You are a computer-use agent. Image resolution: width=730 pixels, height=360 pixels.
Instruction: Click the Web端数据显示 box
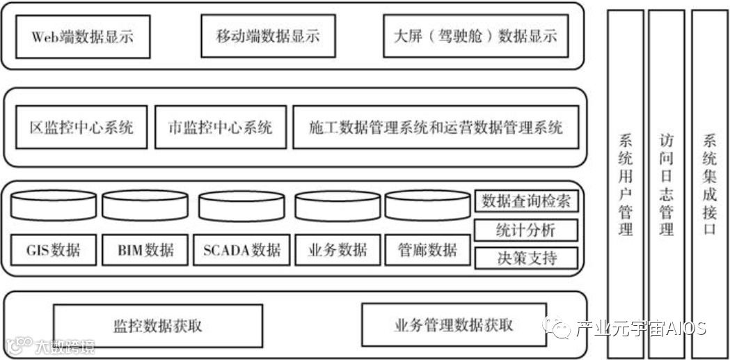(82, 36)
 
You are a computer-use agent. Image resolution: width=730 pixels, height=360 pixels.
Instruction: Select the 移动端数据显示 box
(268, 36)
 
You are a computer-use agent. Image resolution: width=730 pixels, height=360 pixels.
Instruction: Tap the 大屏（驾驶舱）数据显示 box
(470, 36)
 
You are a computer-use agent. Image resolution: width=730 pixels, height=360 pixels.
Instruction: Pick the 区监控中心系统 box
(81, 127)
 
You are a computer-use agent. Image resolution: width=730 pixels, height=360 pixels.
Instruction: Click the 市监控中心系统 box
(220, 127)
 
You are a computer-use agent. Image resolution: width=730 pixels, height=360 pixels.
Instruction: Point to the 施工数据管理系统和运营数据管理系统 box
(436, 127)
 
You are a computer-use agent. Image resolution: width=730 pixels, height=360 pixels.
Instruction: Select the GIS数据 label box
(54, 250)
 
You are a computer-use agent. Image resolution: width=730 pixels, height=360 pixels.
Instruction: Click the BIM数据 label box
(145, 250)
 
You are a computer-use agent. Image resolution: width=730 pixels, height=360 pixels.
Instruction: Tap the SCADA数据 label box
(241, 250)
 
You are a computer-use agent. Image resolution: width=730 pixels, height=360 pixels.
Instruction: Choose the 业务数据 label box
(338, 250)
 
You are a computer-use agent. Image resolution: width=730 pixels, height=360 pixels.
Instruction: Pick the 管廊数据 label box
(427, 250)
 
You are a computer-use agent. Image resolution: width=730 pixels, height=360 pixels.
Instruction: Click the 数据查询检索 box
(526, 202)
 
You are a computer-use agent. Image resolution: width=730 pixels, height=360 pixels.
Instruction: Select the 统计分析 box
(526, 230)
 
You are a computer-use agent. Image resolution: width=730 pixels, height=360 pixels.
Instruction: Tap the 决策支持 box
(526, 258)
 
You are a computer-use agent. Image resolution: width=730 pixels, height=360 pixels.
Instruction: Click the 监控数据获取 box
(157, 326)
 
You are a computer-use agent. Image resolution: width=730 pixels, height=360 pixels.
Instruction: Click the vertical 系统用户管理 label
(626, 185)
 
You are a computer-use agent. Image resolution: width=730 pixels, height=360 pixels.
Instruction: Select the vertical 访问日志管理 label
(666, 185)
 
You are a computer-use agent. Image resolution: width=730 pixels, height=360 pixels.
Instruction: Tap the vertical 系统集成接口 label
(709, 185)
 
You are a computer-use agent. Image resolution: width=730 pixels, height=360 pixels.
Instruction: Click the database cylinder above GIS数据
(54, 205)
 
